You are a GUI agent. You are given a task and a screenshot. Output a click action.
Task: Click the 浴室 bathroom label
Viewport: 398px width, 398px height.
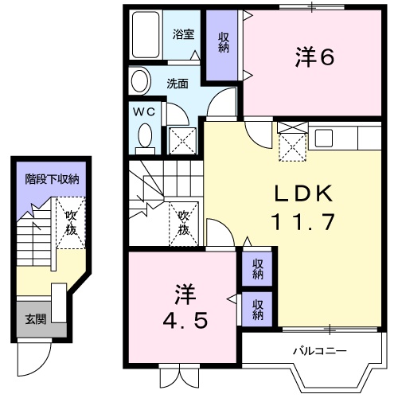coord(183,34)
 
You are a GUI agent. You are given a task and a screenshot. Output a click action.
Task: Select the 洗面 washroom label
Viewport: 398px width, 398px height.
coord(177,83)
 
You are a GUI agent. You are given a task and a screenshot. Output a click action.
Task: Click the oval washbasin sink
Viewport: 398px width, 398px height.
coord(140,81)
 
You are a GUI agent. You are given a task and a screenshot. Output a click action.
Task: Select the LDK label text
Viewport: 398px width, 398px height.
coord(302,193)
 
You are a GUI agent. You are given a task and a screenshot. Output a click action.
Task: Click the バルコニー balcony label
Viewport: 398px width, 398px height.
coord(318,350)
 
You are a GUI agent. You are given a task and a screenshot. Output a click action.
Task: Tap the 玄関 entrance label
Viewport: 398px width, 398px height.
coord(35,320)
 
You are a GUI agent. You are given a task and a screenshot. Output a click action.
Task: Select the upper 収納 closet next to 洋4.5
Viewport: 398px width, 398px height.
coord(258,269)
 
